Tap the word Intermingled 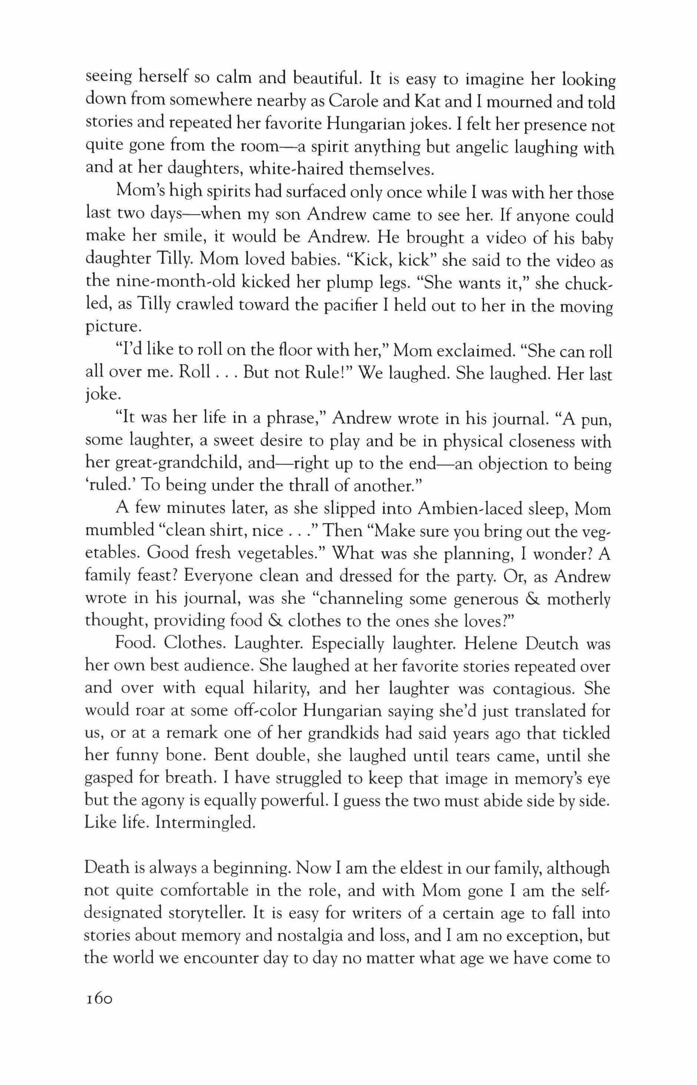tap(206, 822)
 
